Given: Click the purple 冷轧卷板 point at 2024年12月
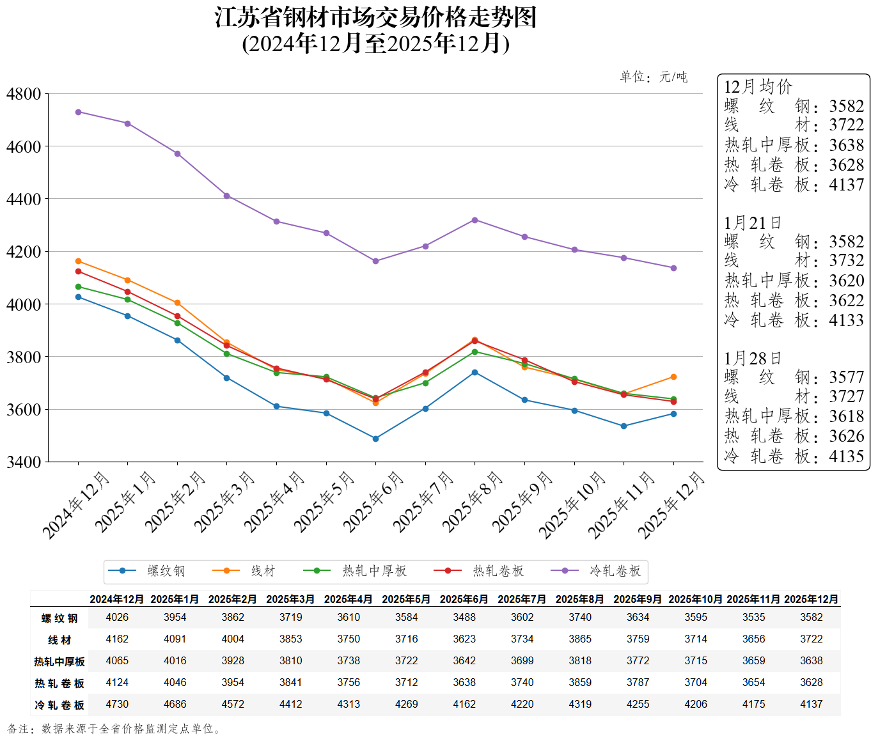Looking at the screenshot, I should click(78, 112).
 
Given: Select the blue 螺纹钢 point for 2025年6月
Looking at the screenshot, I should click(375, 439).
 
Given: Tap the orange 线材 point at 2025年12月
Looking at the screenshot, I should click(673, 377).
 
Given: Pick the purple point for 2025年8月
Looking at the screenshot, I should click(475, 220).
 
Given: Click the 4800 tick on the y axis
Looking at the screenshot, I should click(24, 94).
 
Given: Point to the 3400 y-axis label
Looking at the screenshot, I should click(24, 462).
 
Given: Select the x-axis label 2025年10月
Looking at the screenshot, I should click(572, 505).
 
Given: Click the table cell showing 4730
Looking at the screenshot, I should click(117, 704).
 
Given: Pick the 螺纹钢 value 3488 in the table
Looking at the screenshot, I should click(464, 617).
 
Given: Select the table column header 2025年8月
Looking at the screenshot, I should click(580, 599).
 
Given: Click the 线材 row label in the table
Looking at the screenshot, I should click(59, 640).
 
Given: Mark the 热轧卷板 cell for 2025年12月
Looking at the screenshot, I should click(812, 682).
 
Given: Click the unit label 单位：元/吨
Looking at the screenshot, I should click(654, 77).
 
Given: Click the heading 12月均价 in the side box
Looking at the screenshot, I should click(758, 87).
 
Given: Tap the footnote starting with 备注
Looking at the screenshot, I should click(115, 729).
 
